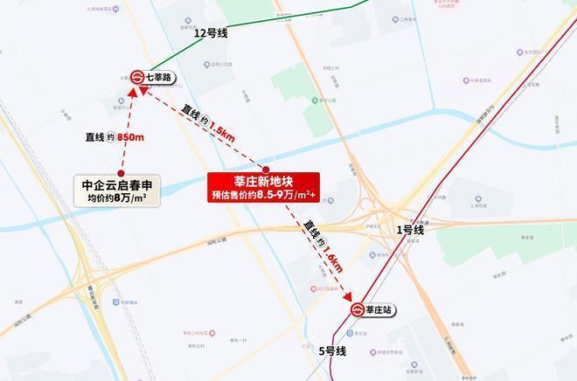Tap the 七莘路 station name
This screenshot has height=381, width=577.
click(159, 78)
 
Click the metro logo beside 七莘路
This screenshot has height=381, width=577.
click(137, 78)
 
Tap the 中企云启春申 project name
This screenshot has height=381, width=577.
click(123, 185)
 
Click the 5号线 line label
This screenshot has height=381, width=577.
click(332, 351)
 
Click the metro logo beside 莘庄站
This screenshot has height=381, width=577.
click(358, 309)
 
